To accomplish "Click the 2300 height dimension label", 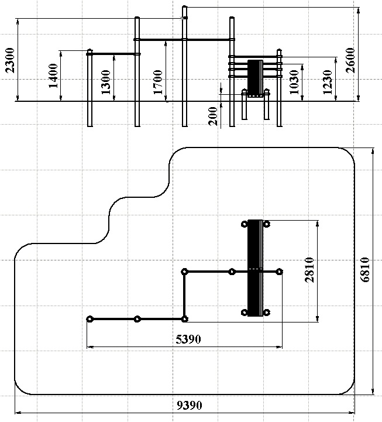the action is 10,60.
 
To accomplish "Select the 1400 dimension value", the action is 53,76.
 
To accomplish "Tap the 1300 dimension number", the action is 106,82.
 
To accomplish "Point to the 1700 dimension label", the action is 158,82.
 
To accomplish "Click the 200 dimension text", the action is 213,116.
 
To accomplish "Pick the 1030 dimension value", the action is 294,82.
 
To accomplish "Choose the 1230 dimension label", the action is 328,82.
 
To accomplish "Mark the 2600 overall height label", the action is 350,60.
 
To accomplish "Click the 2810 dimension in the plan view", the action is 309,270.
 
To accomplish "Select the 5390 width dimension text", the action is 188,339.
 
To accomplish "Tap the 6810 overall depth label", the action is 365,270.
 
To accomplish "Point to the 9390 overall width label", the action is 190,405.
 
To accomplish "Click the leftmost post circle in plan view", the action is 90,319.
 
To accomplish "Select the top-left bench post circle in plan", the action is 245,224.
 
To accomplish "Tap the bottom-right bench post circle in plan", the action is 266,313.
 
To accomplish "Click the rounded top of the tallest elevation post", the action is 184,6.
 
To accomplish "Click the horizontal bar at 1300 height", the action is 113,54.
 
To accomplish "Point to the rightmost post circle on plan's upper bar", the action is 280,272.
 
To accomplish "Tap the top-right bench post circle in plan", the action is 266,224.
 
